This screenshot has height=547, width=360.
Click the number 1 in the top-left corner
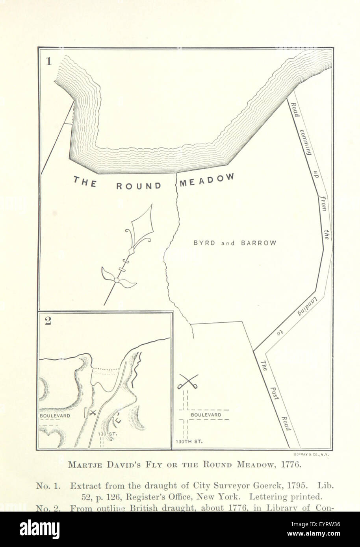pyautogui.click(x=48, y=62)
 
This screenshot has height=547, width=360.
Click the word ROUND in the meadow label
pyautogui.click(x=139, y=186)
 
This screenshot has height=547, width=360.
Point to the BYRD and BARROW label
pyautogui.click(x=235, y=243)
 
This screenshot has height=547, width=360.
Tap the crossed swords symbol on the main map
pyautogui.click(x=187, y=381)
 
